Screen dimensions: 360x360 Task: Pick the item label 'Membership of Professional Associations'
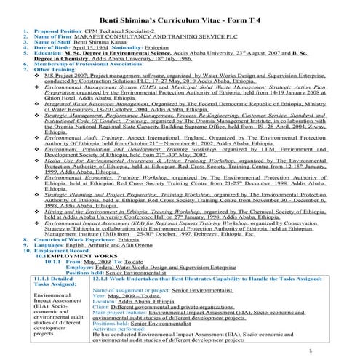click(x=87, y=66)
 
